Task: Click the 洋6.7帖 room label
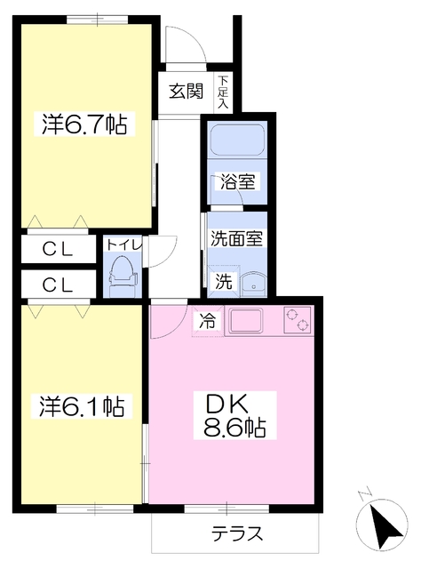85,124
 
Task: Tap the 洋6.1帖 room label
81,406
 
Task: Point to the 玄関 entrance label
187,91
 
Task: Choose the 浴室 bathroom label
238,183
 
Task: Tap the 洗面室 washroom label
235,238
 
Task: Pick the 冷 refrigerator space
207,322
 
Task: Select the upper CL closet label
57,250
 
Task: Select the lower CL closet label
57,285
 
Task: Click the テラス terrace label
236,535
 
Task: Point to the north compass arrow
384,526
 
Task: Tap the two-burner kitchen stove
296,319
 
